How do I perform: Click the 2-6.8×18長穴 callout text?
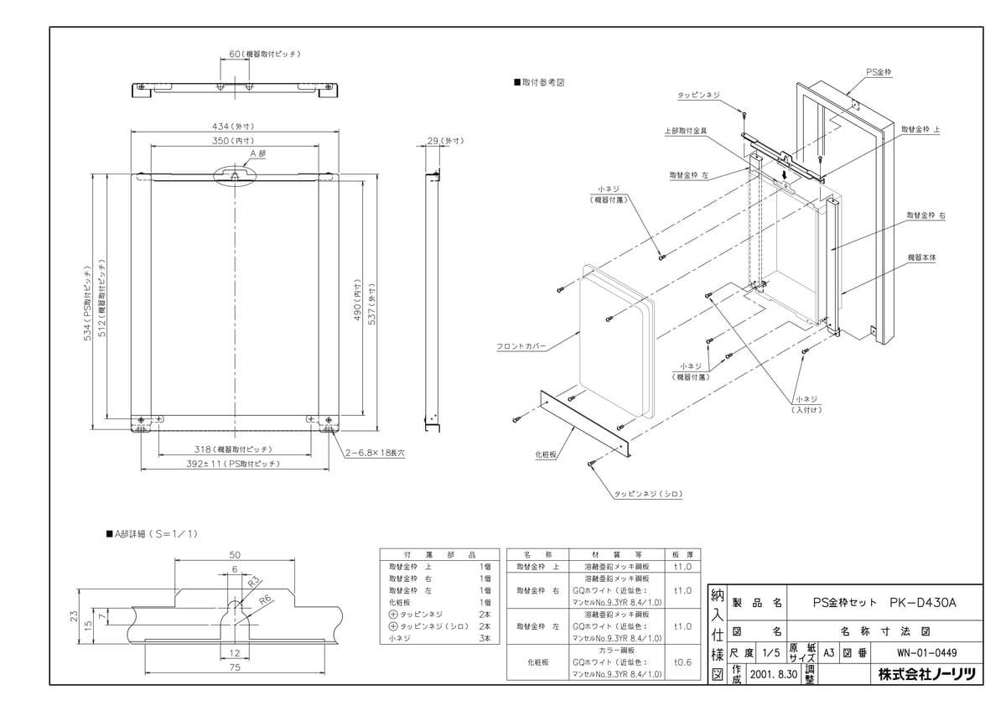pos(374,452)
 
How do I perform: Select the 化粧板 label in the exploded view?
pos(547,454)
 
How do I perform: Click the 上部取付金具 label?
pos(685,131)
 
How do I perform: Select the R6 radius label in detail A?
pos(265,599)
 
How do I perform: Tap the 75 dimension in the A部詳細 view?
pos(235,667)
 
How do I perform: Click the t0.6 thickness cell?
pos(683,661)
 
